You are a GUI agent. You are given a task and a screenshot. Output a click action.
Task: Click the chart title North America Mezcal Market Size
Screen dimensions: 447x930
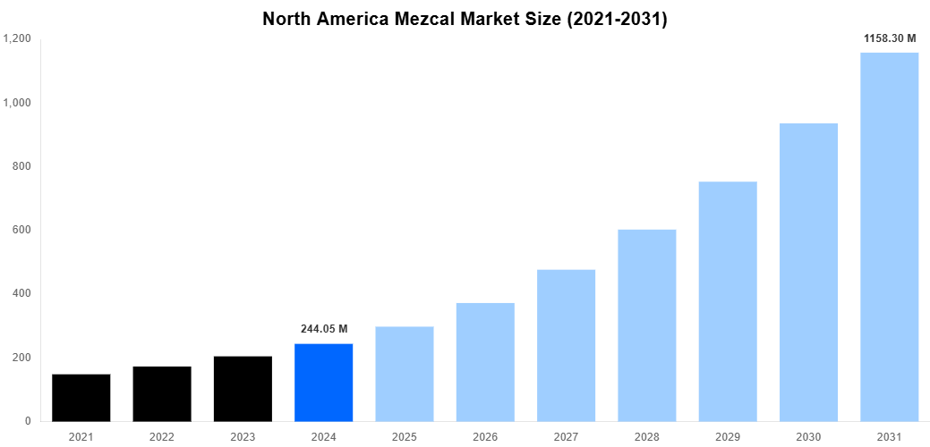point(465,19)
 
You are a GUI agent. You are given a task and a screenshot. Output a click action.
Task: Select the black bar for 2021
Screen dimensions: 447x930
point(81,398)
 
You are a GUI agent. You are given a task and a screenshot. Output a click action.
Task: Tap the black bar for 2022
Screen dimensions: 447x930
point(162,394)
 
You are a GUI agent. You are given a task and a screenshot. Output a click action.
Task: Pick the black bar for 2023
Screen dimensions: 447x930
point(243,389)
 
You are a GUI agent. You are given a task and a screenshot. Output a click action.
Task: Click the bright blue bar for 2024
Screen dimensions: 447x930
point(323,383)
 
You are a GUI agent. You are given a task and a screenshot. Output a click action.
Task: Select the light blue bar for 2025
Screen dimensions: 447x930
point(405,374)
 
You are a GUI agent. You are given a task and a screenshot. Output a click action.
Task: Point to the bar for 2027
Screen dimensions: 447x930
point(566,345)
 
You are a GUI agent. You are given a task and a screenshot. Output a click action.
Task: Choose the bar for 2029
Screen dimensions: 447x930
point(728,301)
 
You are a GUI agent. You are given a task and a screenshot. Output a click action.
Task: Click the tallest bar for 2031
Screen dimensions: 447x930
point(889,237)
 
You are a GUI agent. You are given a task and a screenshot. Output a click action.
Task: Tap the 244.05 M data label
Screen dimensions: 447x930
point(323,329)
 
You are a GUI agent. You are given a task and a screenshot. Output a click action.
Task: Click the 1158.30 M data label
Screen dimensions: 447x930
point(889,38)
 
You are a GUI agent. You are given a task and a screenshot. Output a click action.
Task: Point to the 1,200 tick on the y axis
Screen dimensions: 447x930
point(17,39)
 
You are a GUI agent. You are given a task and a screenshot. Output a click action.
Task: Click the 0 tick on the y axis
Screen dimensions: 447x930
point(28,421)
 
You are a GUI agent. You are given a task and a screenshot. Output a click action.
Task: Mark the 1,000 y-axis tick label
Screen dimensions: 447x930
point(17,103)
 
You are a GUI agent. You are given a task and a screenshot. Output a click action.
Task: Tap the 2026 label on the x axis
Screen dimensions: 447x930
point(485,436)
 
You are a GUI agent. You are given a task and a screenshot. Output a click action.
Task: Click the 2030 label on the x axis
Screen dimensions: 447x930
point(808,436)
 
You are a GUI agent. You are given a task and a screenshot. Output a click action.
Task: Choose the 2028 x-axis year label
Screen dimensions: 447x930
point(646,436)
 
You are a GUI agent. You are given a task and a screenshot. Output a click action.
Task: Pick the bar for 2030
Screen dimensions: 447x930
point(808,272)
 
